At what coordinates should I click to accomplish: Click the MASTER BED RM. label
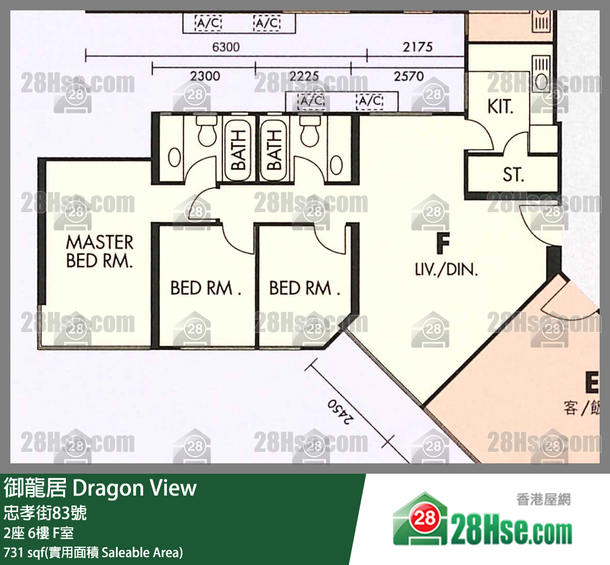pyautogui.click(x=100, y=251)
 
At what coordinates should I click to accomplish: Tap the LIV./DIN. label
pyautogui.click(x=446, y=269)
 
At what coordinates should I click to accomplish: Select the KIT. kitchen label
pyautogui.click(x=500, y=107)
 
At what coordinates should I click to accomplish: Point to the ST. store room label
pyautogui.click(x=513, y=175)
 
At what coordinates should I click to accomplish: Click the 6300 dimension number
pyautogui.click(x=226, y=47)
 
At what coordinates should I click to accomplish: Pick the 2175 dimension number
pyautogui.click(x=418, y=47)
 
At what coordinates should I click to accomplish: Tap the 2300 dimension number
pyautogui.click(x=205, y=76)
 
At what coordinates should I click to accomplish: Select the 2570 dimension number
pyautogui.click(x=408, y=76)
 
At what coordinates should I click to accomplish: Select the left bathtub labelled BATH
pyautogui.click(x=238, y=149)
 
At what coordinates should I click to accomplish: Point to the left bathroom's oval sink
pyautogui.click(x=175, y=158)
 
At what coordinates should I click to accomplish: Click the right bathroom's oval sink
pyautogui.click(x=336, y=165)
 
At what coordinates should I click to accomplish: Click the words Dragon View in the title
pyautogui.click(x=134, y=488)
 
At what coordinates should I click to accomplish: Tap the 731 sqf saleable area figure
pyautogui.click(x=25, y=553)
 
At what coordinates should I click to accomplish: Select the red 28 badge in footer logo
pyautogui.click(x=424, y=517)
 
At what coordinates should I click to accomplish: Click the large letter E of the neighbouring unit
pyautogui.click(x=591, y=383)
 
